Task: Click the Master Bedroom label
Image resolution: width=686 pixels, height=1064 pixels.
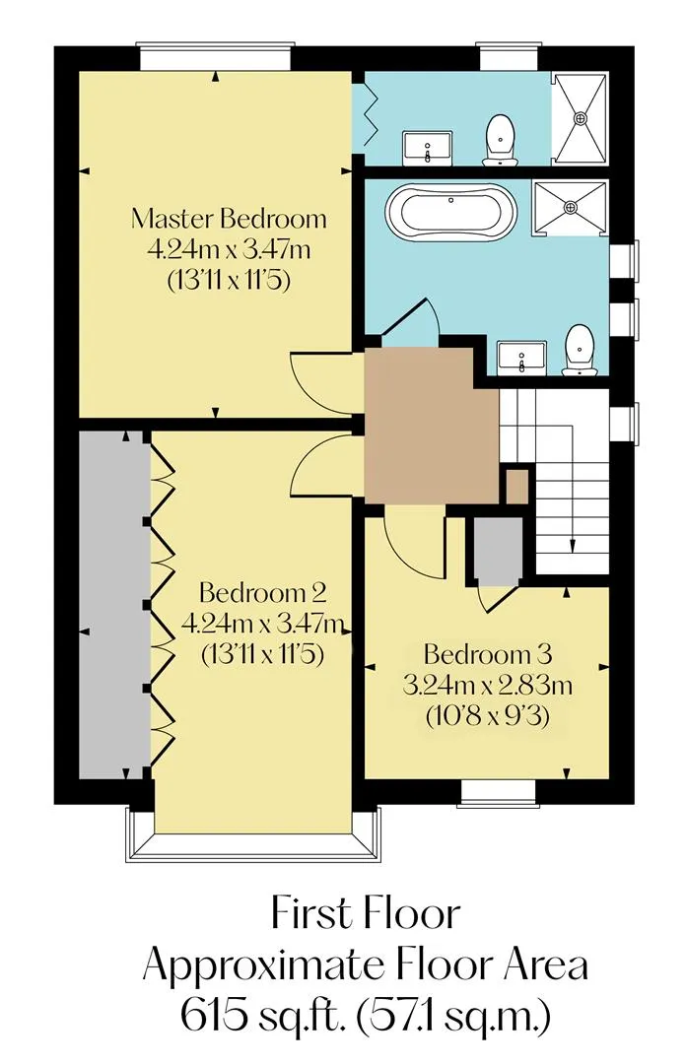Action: [229, 219]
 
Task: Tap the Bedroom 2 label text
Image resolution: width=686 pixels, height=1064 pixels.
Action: [263, 593]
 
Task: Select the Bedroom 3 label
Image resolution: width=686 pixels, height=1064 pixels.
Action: [488, 654]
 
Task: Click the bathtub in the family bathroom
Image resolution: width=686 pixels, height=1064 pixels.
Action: [451, 212]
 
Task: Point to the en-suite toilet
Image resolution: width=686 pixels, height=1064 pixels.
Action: [500, 140]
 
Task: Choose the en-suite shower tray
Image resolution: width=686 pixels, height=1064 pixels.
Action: [580, 118]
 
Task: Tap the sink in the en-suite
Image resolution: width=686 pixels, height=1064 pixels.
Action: [427, 149]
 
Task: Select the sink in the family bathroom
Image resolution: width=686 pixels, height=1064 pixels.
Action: [521, 357]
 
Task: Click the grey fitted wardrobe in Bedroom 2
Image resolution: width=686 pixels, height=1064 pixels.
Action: [112, 605]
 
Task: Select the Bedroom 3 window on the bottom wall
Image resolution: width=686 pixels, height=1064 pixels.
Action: [496, 794]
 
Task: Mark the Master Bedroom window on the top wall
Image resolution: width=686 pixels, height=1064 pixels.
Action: [215, 56]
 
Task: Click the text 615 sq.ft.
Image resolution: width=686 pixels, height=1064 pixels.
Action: [256, 1016]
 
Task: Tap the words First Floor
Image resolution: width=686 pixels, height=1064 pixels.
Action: [366, 913]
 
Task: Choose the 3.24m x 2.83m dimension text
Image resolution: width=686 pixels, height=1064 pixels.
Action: [488, 686]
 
